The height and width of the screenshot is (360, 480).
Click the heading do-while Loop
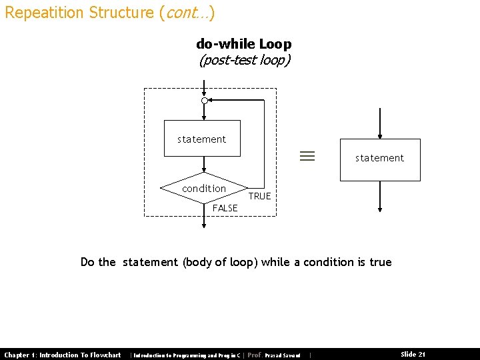(x=243, y=44)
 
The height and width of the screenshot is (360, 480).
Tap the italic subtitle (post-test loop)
(x=245, y=60)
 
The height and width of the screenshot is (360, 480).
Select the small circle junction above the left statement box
(x=205, y=100)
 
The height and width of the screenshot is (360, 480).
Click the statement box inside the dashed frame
(x=202, y=139)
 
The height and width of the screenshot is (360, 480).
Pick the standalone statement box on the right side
(x=380, y=159)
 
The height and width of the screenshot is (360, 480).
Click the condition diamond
(x=204, y=189)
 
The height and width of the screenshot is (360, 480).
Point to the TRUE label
(x=259, y=196)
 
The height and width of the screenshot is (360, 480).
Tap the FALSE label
(x=225, y=208)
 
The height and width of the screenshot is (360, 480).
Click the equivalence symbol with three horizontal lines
(x=307, y=157)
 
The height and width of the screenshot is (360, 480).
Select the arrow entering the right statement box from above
(x=379, y=123)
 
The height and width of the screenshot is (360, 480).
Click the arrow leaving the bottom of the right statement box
(x=379, y=197)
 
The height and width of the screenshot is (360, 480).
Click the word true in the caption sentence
(x=381, y=262)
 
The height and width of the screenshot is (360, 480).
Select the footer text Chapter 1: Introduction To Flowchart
(x=63, y=355)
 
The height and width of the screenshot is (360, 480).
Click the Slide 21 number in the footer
(x=413, y=355)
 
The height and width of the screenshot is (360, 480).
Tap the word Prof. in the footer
(x=254, y=355)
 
